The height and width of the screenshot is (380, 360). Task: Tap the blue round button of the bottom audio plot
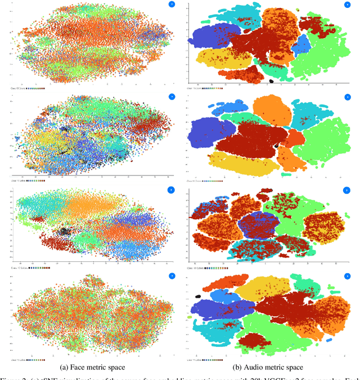tap(352, 277)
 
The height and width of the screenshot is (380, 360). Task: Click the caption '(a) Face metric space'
tap(93, 367)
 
